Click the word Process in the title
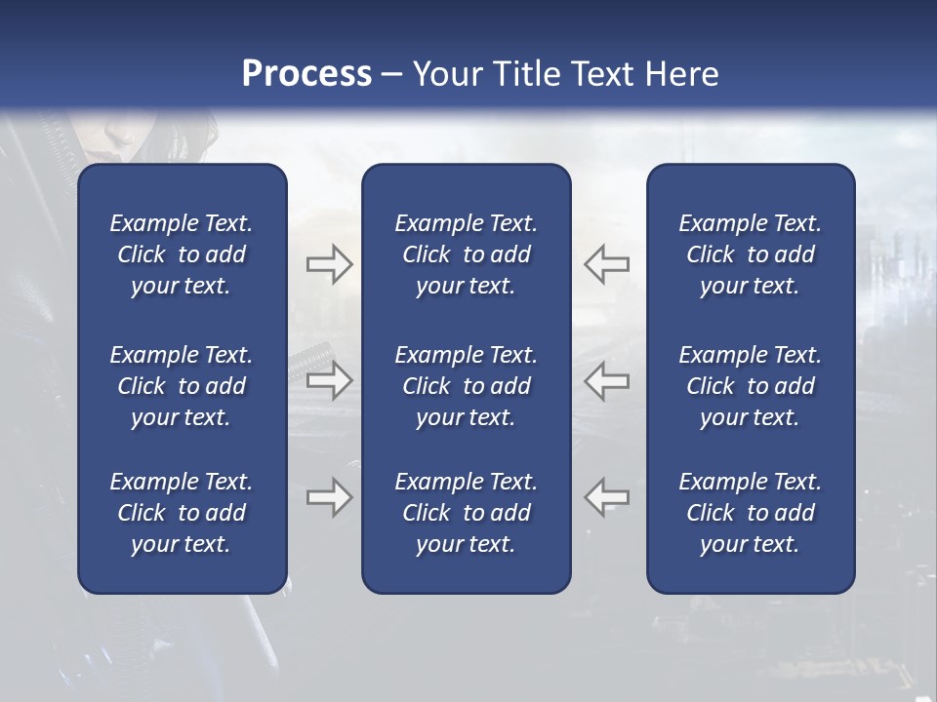pos(306,74)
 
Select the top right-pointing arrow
pos(329,264)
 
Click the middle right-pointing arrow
pos(329,380)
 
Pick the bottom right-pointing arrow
pos(329,497)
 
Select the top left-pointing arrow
pos(606,264)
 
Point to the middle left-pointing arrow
pos(606,380)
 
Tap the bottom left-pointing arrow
pos(606,497)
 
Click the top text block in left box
pos(182,254)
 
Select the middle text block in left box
pos(182,386)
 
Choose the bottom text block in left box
pos(182,513)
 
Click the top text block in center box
pos(466,254)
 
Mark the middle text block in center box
pos(466,386)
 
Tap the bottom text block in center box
pos(466,513)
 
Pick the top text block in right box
pos(750,254)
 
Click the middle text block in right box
pos(750,386)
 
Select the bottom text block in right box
pos(750,513)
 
